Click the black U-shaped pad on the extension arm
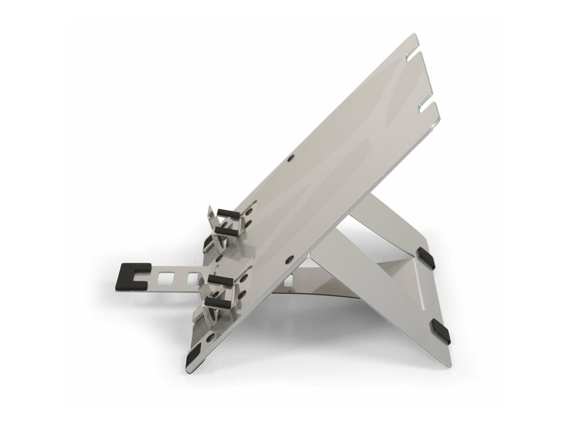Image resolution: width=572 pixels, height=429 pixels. pos(131,276)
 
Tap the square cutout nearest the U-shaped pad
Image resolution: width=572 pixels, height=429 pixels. pos(166,277)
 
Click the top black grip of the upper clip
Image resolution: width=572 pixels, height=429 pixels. pos(228,213)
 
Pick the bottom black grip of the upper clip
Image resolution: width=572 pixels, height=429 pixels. pos(225,232)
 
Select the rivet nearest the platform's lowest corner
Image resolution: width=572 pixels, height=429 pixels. pos(210,337)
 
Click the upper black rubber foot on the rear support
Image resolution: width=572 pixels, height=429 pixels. pos(425,257)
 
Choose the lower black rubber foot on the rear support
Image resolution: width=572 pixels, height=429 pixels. pos(439,331)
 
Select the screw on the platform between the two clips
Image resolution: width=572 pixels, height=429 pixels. pos(218,258)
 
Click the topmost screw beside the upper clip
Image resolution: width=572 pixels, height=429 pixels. pos(249,210)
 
